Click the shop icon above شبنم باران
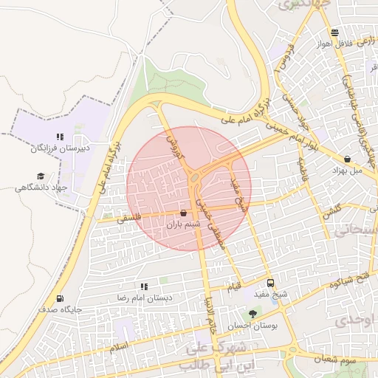pos(183,213)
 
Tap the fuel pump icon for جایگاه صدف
pos(60,299)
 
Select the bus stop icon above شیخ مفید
pos(269,283)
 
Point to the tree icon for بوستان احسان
pos(253,314)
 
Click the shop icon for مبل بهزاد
pos(348,159)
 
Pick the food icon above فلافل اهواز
pos(336,32)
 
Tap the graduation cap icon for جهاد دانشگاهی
pos(41,176)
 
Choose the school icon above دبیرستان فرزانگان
pos(60,137)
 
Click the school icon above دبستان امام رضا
pos(144,286)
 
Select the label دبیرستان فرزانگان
pos(61,148)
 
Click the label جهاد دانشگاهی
pos(41,188)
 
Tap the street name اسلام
pos(119,346)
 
